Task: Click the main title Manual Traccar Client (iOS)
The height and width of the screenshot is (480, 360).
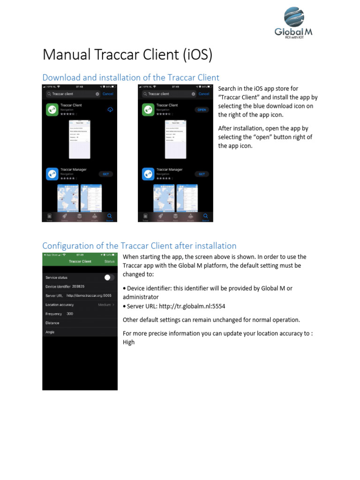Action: pyautogui.click(x=127, y=55)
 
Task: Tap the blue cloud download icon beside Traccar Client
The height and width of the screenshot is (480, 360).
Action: pyautogui.click(x=110, y=110)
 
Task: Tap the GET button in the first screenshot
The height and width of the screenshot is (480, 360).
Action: pyautogui.click(x=105, y=174)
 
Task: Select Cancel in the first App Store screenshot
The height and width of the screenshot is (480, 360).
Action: pyautogui.click(x=108, y=94)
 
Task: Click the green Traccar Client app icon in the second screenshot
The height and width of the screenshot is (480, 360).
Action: pyautogui.click(x=148, y=110)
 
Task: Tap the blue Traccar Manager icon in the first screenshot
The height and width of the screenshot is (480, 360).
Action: pyautogui.click(x=52, y=174)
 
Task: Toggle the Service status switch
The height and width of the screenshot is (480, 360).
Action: pyautogui.click(x=109, y=277)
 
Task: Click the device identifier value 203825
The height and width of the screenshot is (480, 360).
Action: pyautogui.click(x=78, y=286)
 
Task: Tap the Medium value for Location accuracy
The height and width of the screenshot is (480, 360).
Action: pyautogui.click(x=105, y=305)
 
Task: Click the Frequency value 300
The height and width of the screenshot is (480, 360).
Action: pyautogui.click(x=70, y=314)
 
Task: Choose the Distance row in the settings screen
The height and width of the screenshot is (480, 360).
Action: pyautogui.click(x=80, y=323)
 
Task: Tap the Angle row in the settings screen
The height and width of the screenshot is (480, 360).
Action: pyautogui.click(x=80, y=332)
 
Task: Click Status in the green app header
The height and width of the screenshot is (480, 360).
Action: pyautogui.click(x=109, y=261)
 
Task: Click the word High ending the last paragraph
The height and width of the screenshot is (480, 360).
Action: pyautogui.click(x=129, y=342)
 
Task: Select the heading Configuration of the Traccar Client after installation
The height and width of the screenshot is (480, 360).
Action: pyautogui.click(x=139, y=246)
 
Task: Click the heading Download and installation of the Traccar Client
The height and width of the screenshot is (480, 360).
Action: pyautogui.click(x=131, y=77)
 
